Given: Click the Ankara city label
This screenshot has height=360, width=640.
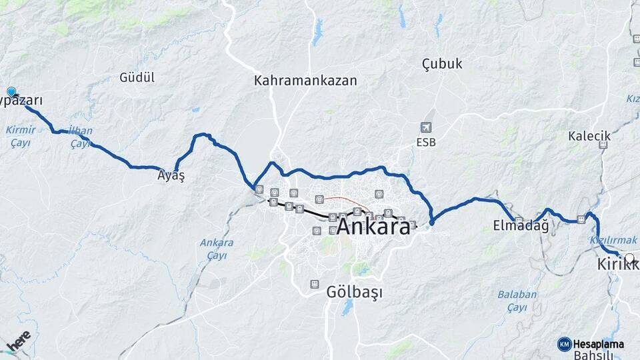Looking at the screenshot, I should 373,227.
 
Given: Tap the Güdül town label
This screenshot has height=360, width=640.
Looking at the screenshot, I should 137,77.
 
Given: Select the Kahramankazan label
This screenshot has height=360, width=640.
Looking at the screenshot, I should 305,81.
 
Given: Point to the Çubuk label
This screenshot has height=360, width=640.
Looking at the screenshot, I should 442,64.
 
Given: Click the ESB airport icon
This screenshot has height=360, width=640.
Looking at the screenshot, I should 426,127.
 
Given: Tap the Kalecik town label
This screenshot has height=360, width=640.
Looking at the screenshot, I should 589,136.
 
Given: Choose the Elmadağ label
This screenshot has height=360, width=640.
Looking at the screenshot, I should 521,225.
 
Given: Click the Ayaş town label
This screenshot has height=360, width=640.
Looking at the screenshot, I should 171,177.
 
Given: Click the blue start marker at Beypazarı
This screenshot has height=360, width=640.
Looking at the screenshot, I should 11,92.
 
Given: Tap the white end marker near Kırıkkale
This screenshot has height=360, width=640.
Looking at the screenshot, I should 629,257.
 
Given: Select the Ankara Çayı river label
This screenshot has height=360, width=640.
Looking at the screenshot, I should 217,249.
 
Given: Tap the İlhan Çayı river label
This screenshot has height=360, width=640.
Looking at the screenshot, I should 81,137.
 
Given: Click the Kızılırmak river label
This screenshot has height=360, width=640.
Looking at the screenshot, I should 613,239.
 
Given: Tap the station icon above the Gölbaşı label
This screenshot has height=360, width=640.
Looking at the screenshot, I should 314,284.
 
